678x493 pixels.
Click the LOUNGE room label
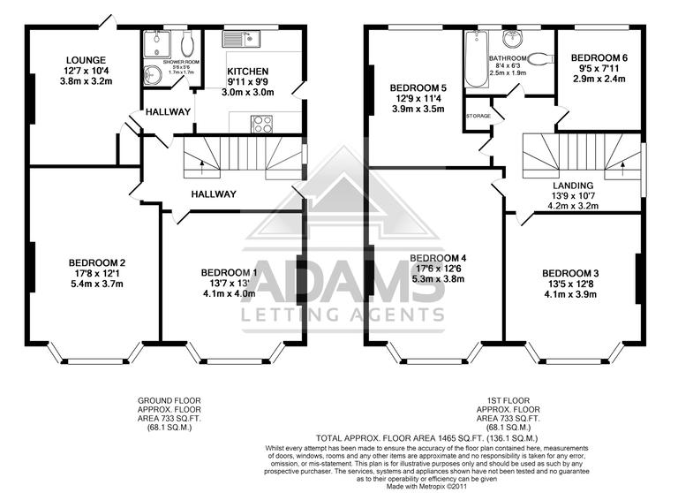(x=85, y=60)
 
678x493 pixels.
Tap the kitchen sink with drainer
(x=239, y=38)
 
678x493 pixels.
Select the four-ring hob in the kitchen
(x=262, y=124)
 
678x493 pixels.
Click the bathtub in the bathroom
(x=477, y=58)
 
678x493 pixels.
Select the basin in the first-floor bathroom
(x=512, y=38)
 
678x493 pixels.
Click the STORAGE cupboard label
(x=479, y=116)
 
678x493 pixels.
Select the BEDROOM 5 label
(x=420, y=87)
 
